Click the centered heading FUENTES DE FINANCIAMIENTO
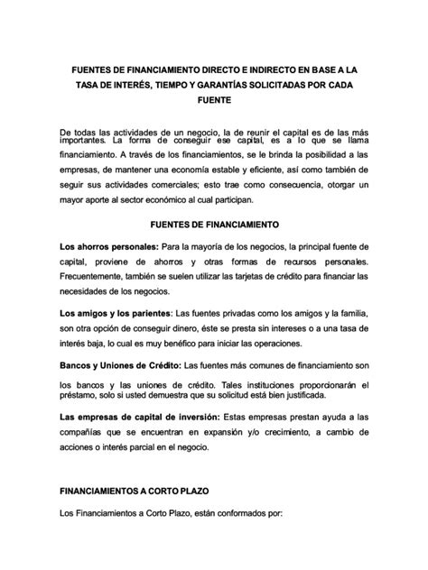click(x=213, y=223)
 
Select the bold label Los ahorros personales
click(x=107, y=245)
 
